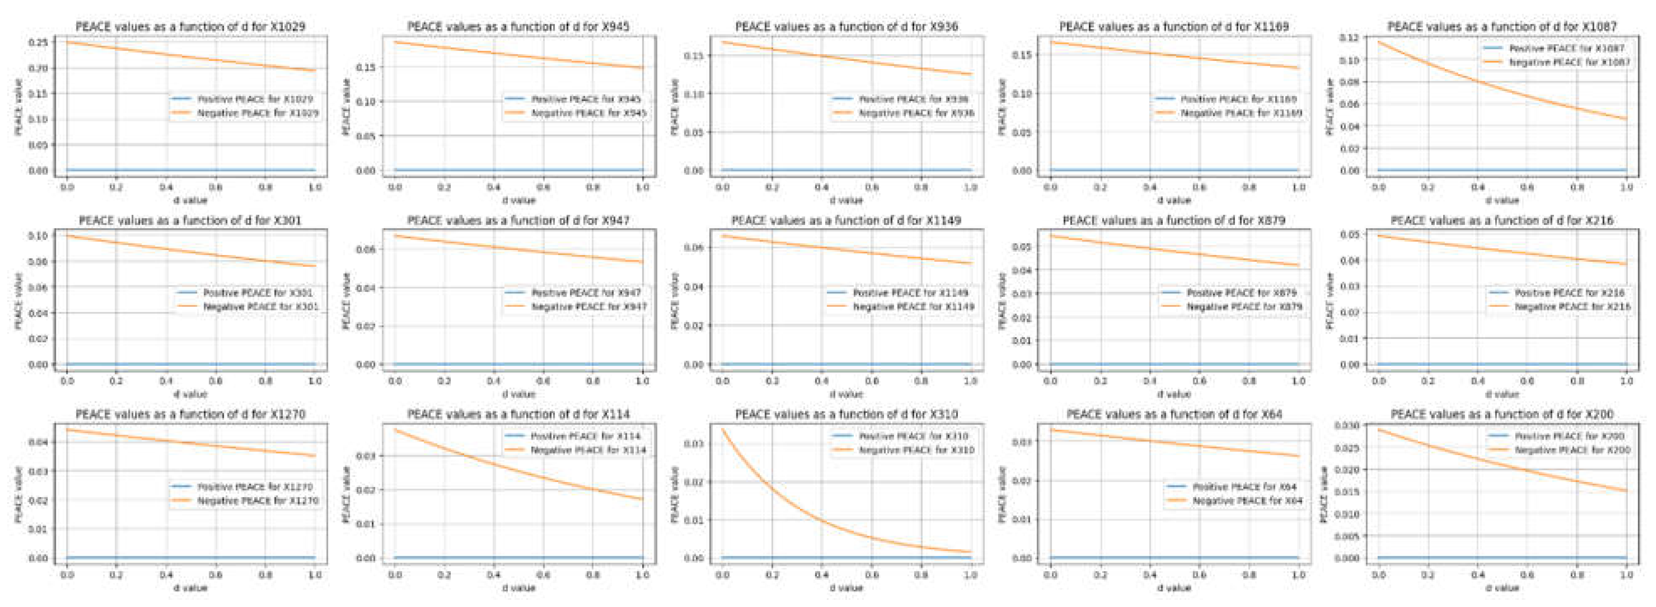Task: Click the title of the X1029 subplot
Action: (190, 26)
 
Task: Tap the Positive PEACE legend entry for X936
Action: (913, 99)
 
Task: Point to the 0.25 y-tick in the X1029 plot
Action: (38, 42)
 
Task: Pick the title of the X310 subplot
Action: (846, 414)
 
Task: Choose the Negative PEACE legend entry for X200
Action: (1572, 450)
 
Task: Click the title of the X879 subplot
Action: (1173, 220)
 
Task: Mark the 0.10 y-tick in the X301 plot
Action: (38, 236)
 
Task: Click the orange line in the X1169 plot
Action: (1174, 55)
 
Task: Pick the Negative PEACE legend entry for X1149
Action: (913, 307)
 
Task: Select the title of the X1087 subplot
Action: (1502, 26)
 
